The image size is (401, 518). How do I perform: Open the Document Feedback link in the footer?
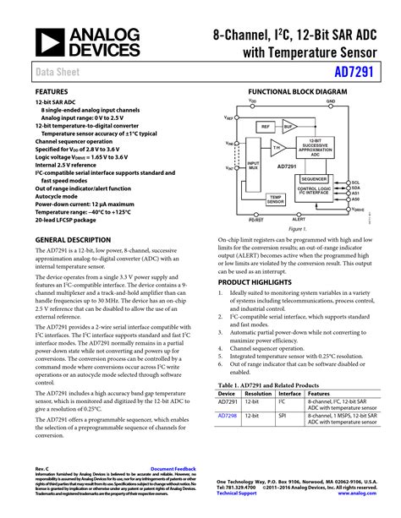point(173,467)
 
